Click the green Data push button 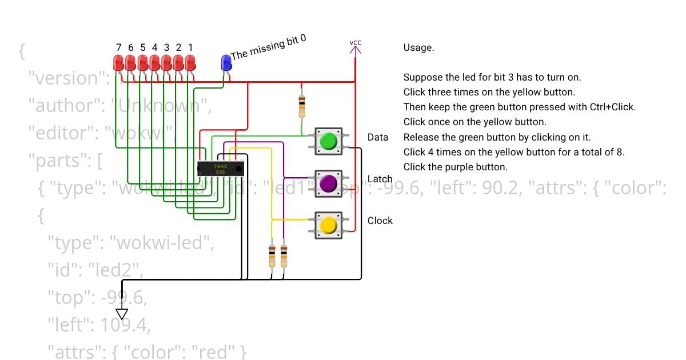[x=328, y=141]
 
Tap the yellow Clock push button [x=328, y=225]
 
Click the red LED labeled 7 [x=118, y=62]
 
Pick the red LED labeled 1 [x=190, y=62]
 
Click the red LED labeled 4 [x=154, y=62]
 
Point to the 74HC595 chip [x=221, y=169]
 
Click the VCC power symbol [x=356, y=48]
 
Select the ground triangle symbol [x=122, y=314]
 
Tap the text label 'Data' [x=378, y=137]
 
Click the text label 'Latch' [x=380, y=179]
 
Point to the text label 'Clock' [x=380, y=221]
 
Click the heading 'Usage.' [x=418, y=48]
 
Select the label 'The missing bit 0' [x=268, y=47]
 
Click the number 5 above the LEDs [x=142, y=47]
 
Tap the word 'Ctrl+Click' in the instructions [x=612, y=107]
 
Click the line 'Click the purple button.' [x=455, y=167]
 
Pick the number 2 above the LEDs [x=178, y=47]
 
